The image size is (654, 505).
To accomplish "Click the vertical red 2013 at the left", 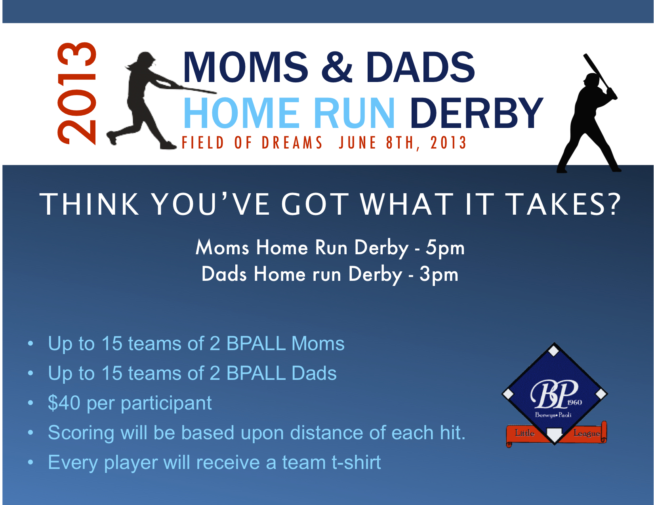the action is point(77,93).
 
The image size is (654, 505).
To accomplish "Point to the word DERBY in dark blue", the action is point(477,113).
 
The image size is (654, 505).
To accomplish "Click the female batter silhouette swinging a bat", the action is point(156,101).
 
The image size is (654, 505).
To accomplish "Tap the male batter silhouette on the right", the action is point(588,113).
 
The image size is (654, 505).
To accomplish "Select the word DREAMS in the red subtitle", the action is point(292,143).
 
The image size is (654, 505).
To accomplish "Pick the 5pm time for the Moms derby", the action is point(445,248).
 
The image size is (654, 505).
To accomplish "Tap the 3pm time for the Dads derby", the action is point(439,274).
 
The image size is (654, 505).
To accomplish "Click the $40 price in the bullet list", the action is point(64,403).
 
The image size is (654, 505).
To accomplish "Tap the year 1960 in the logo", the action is point(574,402).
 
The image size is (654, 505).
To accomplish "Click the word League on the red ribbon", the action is point(587,433).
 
